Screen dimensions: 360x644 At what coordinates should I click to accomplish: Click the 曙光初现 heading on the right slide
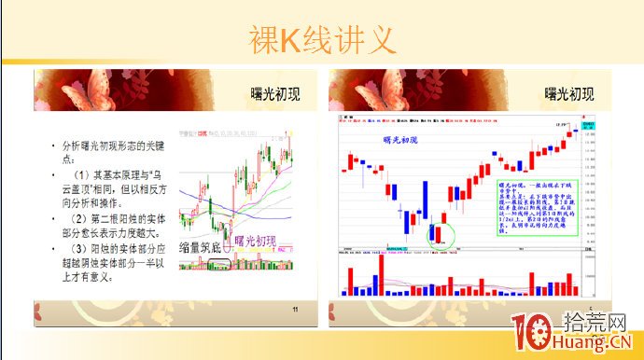coord(570,94)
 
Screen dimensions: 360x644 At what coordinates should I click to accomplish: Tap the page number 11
coord(296,311)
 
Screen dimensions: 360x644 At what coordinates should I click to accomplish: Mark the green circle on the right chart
coord(441,235)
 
